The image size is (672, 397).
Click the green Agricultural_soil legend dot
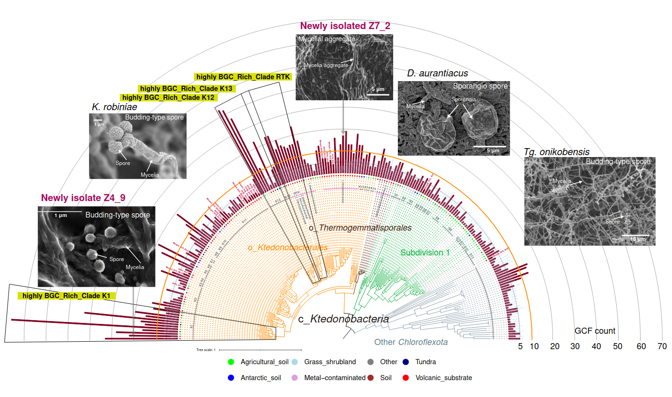[x=231, y=362]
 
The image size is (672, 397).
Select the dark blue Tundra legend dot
[x=406, y=362]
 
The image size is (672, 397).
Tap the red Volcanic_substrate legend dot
[x=406, y=378]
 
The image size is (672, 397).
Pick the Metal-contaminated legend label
[x=335, y=378]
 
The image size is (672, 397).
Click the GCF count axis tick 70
[x=662, y=346]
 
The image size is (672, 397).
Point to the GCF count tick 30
[x=575, y=346]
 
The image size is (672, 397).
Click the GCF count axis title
[x=595, y=331]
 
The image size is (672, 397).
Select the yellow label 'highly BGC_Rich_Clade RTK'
[x=243, y=77]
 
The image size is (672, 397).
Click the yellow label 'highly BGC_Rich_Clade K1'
[x=66, y=296]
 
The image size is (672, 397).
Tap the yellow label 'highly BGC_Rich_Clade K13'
[x=186, y=89]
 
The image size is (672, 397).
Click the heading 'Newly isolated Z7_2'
[x=345, y=26]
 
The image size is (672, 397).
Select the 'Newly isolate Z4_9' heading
[x=83, y=198]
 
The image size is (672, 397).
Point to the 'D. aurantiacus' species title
[x=437, y=74]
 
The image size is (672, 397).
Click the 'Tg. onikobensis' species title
[x=556, y=152]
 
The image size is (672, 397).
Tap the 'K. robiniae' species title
[x=114, y=107]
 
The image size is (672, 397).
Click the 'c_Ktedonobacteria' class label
[x=343, y=319]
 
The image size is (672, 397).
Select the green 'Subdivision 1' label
[x=425, y=253]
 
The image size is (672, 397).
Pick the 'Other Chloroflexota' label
[x=411, y=342]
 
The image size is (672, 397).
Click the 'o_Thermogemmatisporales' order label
[x=360, y=228]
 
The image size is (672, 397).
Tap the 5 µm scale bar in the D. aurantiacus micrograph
[x=489, y=147]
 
